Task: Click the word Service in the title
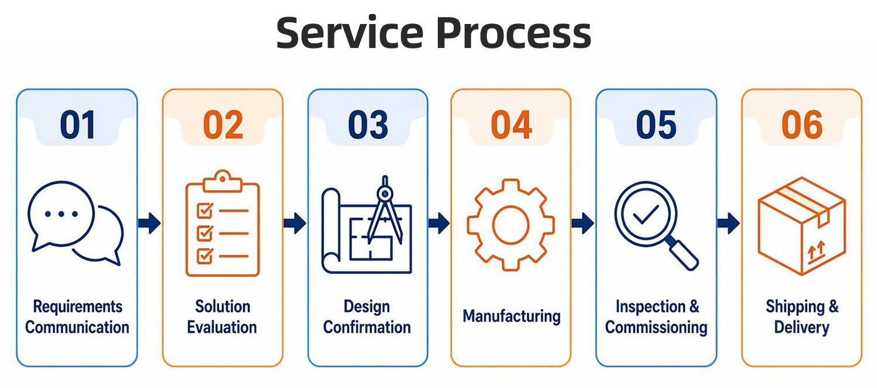[x=350, y=33]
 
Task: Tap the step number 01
[x=78, y=125]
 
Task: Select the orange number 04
[x=512, y=125]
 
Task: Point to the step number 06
[x=802, y=125]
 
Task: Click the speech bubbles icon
[x=75, y=222]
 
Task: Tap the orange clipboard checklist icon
[x=222, y=224]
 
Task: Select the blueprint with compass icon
[x=367, y=225]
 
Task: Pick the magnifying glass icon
[x=656, y=226]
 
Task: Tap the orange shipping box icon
[x=802, y=226]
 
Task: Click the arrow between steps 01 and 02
[x=149, y=224]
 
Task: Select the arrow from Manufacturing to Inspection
[x=582, y=224]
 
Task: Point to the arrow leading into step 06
[x=728, y=224]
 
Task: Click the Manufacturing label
[x=512, y=316]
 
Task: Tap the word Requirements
[x=78, y=307]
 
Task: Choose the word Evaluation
[x=222, y=327]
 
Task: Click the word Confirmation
[x=367, y=327]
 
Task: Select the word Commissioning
[x=656, y=328]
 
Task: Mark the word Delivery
[x=802, y=328]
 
